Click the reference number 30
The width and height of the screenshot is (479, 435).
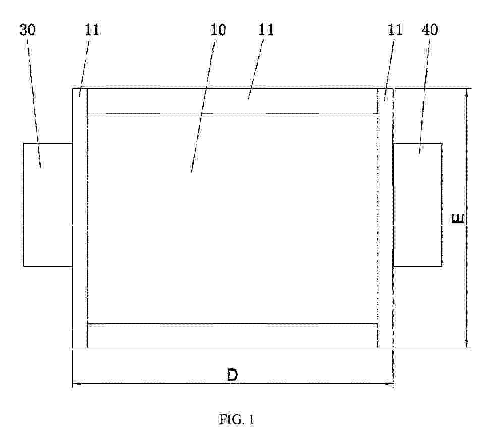tap(27, 30)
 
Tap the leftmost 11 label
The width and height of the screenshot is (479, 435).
tap(92, 30)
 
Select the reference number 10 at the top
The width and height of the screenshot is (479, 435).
tap(218, 30)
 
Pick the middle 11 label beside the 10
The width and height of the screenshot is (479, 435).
tap(266, 30)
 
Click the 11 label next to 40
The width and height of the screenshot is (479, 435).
tap(395, 30)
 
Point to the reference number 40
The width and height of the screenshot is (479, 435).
tap(430, 30)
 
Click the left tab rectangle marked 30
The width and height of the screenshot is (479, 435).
tap(48, 205)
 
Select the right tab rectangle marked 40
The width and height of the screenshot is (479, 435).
tap(417, 205)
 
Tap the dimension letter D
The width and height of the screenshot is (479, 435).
tap(232, 375)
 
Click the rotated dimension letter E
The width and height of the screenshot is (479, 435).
tap(458, 218)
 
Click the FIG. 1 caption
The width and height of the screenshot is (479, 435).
tap(237, 419)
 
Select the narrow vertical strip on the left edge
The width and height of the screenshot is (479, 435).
tap(80, 218)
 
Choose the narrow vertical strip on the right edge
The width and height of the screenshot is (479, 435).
tap(385, 218)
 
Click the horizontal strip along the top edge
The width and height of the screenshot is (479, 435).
tap(233, 101)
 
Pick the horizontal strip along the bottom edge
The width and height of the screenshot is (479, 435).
tap(233, 336)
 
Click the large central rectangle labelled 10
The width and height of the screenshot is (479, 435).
tap(233, 218)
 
